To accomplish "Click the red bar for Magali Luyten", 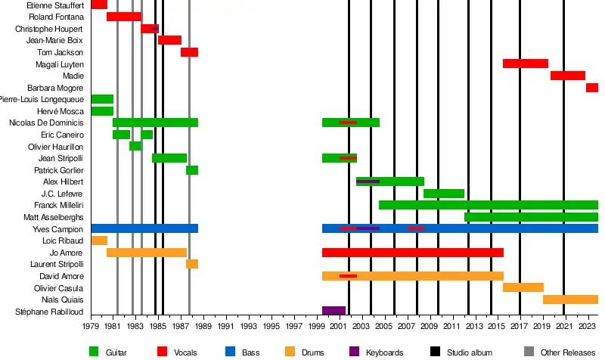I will pos(525,64).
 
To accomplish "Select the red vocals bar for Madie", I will pos(567,76).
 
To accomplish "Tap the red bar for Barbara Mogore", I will pos(591,88).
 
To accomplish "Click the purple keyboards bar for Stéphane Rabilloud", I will pos(334,311).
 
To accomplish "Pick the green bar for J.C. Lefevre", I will pos(443,194).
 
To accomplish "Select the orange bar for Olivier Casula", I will pos(523,287).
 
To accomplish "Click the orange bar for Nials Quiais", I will pos(570,299).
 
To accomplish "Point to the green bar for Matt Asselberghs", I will pos(531,217).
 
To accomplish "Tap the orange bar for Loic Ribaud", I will pos(99,241).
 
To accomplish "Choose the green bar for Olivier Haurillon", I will pos(135,146).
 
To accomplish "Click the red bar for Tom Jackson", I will pos(189,52).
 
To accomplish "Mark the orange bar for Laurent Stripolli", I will pos(192,264).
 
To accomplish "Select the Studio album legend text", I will pos(467,352).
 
